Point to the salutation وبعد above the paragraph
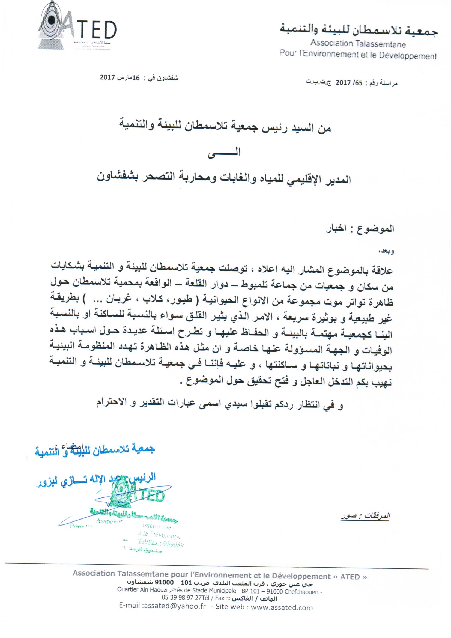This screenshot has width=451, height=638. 388,252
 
